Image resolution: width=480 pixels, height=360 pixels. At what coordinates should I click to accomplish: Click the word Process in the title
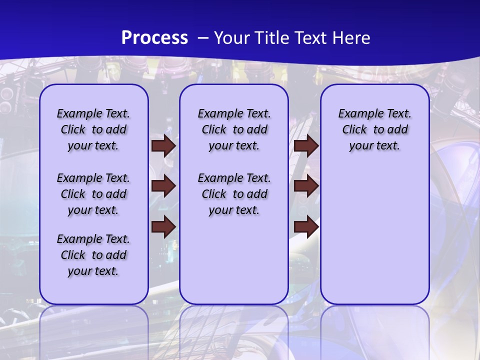tap(154, 37)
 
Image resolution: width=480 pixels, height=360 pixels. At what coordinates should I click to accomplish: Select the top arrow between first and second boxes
tap(163, 146)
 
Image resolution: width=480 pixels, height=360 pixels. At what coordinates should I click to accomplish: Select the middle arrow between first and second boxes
tap(163, 186)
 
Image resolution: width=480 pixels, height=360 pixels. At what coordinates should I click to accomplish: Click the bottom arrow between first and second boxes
tap(163, 226)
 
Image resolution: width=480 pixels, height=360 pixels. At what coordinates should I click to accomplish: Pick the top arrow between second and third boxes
tap(306, 146)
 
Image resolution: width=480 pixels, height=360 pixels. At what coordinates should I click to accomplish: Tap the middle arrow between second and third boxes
tap(306, 186)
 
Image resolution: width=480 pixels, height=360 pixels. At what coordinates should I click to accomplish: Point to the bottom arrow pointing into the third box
tap(306, 226)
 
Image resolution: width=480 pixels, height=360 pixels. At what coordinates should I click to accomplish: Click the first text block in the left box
tap(93, 129)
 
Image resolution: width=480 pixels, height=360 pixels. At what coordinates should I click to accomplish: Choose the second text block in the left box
tap(93, 194)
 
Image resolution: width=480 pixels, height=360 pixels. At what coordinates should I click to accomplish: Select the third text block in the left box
tap(93, 255)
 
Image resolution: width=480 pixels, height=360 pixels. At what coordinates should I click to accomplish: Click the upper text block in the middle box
tap(234, 129)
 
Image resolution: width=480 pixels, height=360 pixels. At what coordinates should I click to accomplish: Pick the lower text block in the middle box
tap(234, 194)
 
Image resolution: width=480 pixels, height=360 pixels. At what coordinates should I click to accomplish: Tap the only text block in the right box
tap(374, 129)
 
